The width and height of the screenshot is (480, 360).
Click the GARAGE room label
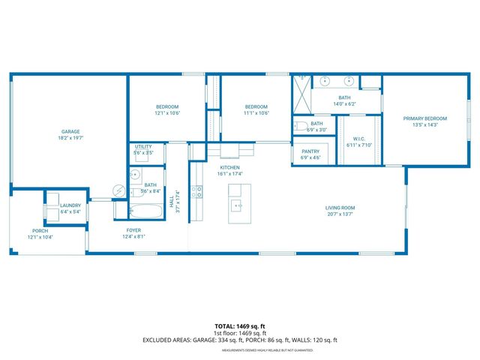pyautogui.click(x=70, y=132)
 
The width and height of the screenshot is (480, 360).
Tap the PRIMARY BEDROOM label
pyautogui.click(x=424, y=118)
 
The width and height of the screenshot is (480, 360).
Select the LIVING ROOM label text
pyautogui.click(x=339, y=208)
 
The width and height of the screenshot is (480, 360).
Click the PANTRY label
pyautogui.click(x=310, y=151)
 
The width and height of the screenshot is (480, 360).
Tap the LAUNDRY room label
pyautogui.click(x=71, y=205)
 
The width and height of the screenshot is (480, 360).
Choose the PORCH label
pyautogui.click(x=40, y=230)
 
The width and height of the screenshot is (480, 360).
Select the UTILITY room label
pyautogui.click(x=143, y=147)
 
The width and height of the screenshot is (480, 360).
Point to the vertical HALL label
pyautogui.click(x=171, y=199)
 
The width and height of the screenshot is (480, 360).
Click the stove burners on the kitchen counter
pyautogui.click(x=197, y=192)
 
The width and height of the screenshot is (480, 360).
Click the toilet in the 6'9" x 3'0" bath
pyautogui.click(x=298, y=126)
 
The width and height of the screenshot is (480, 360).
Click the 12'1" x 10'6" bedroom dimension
pyautogui.click(x=168, y=113)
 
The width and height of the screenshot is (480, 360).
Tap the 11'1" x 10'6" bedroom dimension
pyautogui.click(x=256, y=113)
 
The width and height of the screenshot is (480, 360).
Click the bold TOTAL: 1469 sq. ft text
pyautogui.click(x=239, y=326)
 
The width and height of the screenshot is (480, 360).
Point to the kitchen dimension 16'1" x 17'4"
pyautogui.click(x=230, y=173)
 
